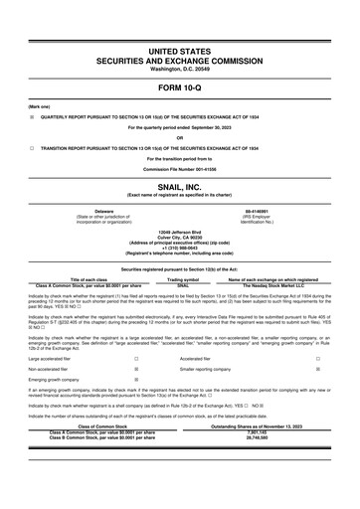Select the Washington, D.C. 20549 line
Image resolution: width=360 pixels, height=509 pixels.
[180, 69]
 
